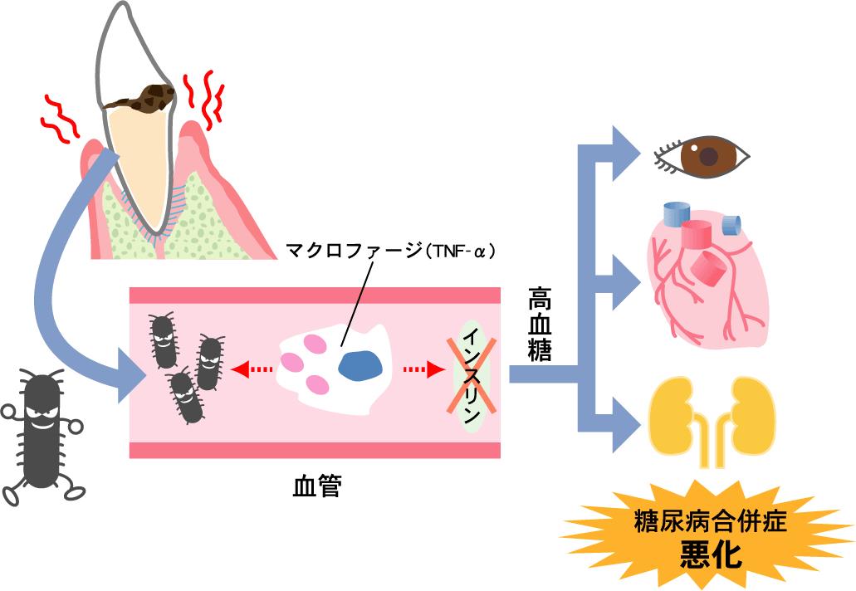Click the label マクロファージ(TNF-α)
[389, 249]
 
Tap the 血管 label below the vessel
[317, 485]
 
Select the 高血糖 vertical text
[541, 325]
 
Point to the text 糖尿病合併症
[709, 522]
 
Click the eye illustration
[702, 154]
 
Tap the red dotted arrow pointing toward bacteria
[248, 369]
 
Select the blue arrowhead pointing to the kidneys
[624, 422]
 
